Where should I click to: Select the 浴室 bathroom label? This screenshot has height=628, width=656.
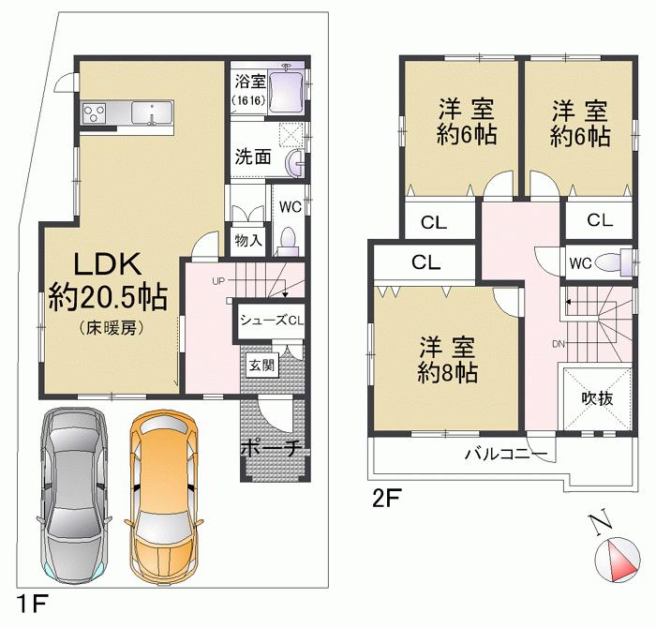[x=247, y=82]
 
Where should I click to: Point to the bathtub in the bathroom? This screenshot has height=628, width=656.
[x=287, y=92]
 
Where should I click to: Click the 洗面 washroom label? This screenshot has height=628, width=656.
[x=253, y=157]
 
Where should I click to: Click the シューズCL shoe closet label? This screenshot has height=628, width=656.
[x=271, y=320]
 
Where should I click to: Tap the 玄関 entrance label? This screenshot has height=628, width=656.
[x=261, y=365]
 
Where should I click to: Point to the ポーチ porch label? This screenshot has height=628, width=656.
[x=270, y=448]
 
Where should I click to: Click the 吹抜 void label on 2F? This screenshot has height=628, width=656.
[x=597, y=397]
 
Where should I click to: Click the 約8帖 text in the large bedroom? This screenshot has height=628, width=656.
[x=447, y=373]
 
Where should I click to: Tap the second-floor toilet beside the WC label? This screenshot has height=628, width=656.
[x=614, y=262]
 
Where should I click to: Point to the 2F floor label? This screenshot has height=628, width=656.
[x=387, y=498]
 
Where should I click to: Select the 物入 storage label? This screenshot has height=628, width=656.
[x=248, y=241]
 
